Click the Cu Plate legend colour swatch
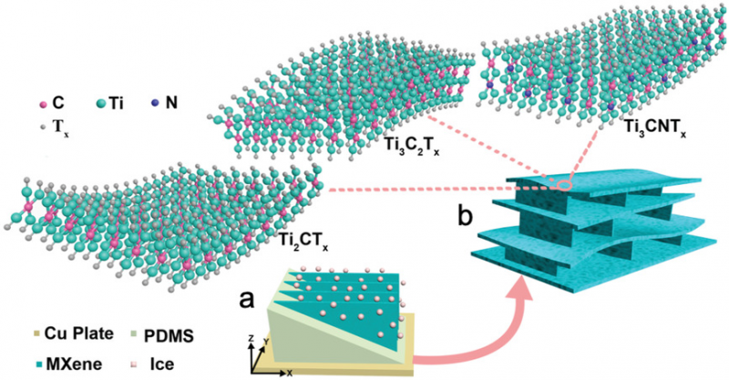(20, 334)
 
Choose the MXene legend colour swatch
(20, 361)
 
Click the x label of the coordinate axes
(288, 373)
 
